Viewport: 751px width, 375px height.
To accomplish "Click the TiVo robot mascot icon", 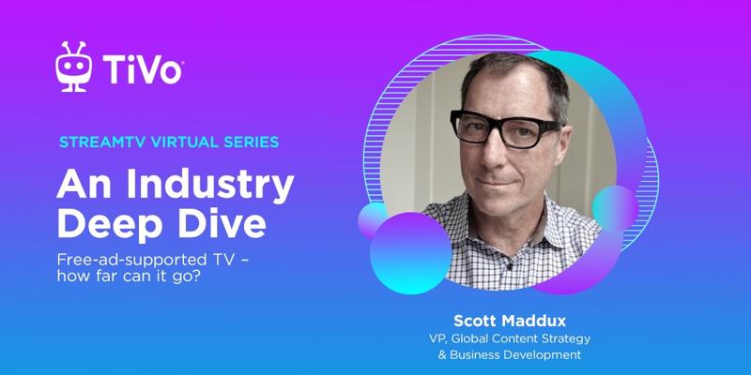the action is (x=73, y=67).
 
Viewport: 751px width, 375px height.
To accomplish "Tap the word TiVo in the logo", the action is (x=142, y=69).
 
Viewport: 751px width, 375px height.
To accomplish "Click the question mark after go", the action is (x=196, y=277).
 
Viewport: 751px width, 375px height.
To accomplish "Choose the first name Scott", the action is (x=474, y=321).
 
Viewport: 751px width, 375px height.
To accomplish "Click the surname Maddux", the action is (x=532, y=321).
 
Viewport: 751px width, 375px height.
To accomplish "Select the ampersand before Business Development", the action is (x=442, y=355).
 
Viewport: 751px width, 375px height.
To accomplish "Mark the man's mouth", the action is (x=497, y=181).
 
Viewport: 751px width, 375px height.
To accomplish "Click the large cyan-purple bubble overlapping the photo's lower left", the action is (x=411, y=253).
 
